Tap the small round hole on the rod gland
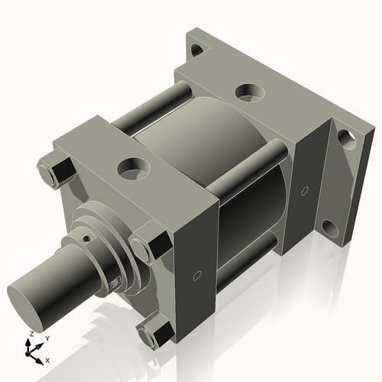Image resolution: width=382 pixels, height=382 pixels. pyautogui.click(x=87, y=238)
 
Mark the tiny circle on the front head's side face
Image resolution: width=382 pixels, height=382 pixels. pyautogui.click(x=198, y=274)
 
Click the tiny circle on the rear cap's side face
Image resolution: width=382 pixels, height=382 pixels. pyautogui.click(x=305, y=189)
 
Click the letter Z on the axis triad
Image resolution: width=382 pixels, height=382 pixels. pyautogui.click(x=30, y=334)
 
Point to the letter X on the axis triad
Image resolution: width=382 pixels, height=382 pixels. pyautogui.click(x=47, y=359)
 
